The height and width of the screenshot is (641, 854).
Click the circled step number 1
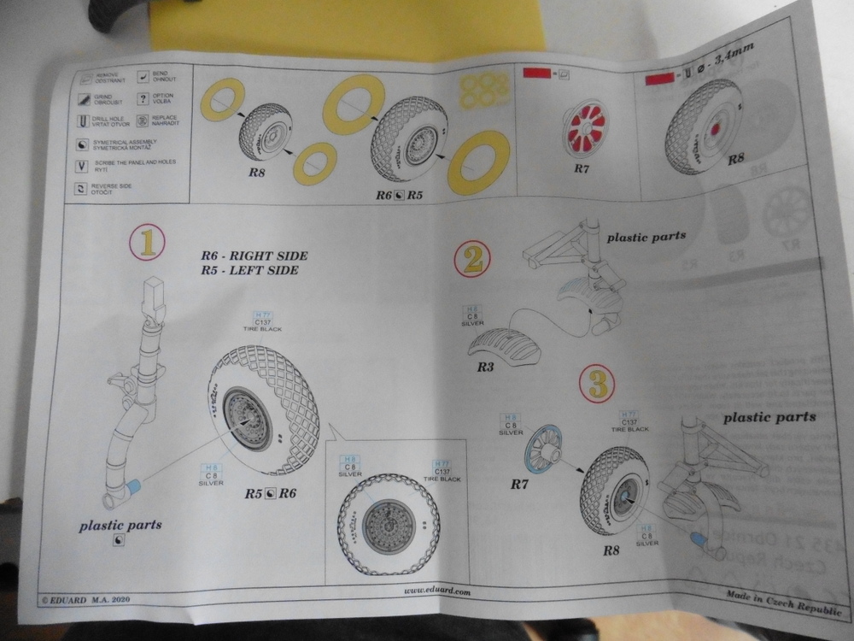click(147, 243)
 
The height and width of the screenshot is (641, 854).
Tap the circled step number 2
click(471, 257)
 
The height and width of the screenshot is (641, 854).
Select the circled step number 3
click(597, 384)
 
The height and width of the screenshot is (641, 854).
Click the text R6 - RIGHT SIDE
click(254, 256)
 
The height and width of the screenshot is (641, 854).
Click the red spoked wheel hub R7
click(585, 128)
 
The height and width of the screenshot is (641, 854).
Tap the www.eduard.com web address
click(437, 591)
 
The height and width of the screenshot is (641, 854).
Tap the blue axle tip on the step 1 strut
click(133, 486)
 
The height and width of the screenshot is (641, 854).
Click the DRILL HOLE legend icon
click(84, 121)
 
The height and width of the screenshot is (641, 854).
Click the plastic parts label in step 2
click(646, 235)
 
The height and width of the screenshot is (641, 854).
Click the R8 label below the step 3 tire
click(611, 550)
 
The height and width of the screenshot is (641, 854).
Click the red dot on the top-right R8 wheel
click(715, 129)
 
